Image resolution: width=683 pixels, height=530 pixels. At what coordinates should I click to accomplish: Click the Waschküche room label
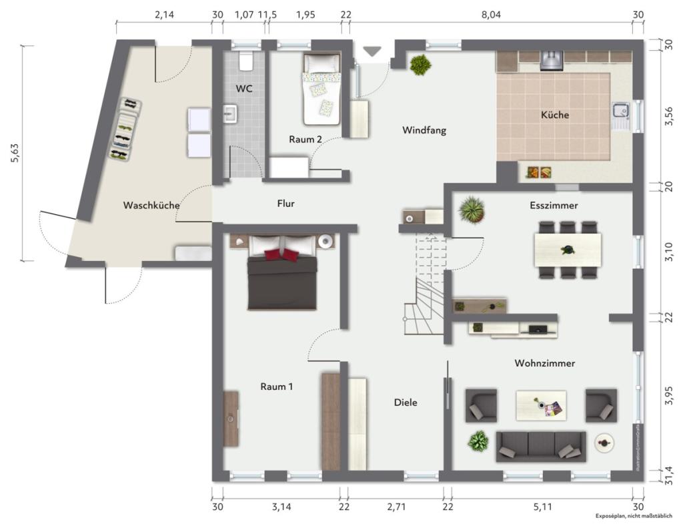[151, 206]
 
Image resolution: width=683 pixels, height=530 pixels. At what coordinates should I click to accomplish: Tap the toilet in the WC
[244, 61]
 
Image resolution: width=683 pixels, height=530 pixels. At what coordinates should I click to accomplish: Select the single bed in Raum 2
[323, 91]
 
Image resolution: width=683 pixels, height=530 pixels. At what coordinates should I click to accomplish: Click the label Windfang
[424, 130]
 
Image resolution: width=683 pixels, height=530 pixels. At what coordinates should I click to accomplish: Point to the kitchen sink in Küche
[620, 114]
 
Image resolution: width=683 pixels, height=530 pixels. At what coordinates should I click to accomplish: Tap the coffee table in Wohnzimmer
[540, 405]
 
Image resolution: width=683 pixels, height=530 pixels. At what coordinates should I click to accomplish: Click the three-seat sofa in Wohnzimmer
[541, 447]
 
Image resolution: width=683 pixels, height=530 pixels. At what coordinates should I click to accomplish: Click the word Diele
[406, 403]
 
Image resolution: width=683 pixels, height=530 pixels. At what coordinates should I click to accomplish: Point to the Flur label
[285, 204]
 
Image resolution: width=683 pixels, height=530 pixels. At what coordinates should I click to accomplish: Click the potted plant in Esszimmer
[472, 210]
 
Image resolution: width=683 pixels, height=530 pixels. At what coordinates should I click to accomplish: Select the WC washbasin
[231, 114]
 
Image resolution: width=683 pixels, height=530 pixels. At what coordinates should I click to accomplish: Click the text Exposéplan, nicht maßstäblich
[634, 516]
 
